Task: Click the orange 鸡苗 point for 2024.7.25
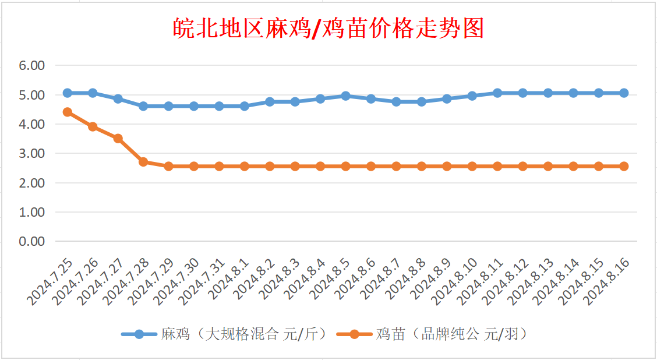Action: tap(67, 112)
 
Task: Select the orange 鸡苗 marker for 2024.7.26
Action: tap(93, 126)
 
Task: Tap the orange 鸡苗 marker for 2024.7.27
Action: tap(118, 138)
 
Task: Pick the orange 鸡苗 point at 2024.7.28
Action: tap(143, 161)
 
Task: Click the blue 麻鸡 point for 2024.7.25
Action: tap(67, 93)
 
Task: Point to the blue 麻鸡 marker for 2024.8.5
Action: tap(345, 96)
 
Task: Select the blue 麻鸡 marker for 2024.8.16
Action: tap(624, 93)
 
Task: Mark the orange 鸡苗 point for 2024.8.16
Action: tap(624, 166)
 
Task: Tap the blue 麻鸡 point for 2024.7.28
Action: tap(143, 106)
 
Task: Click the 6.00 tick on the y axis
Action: tap(32, 66)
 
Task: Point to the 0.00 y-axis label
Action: tap(32, 241)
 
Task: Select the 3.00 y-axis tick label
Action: tap(32, 154)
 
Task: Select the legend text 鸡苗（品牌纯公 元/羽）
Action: tap(451, 334)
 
